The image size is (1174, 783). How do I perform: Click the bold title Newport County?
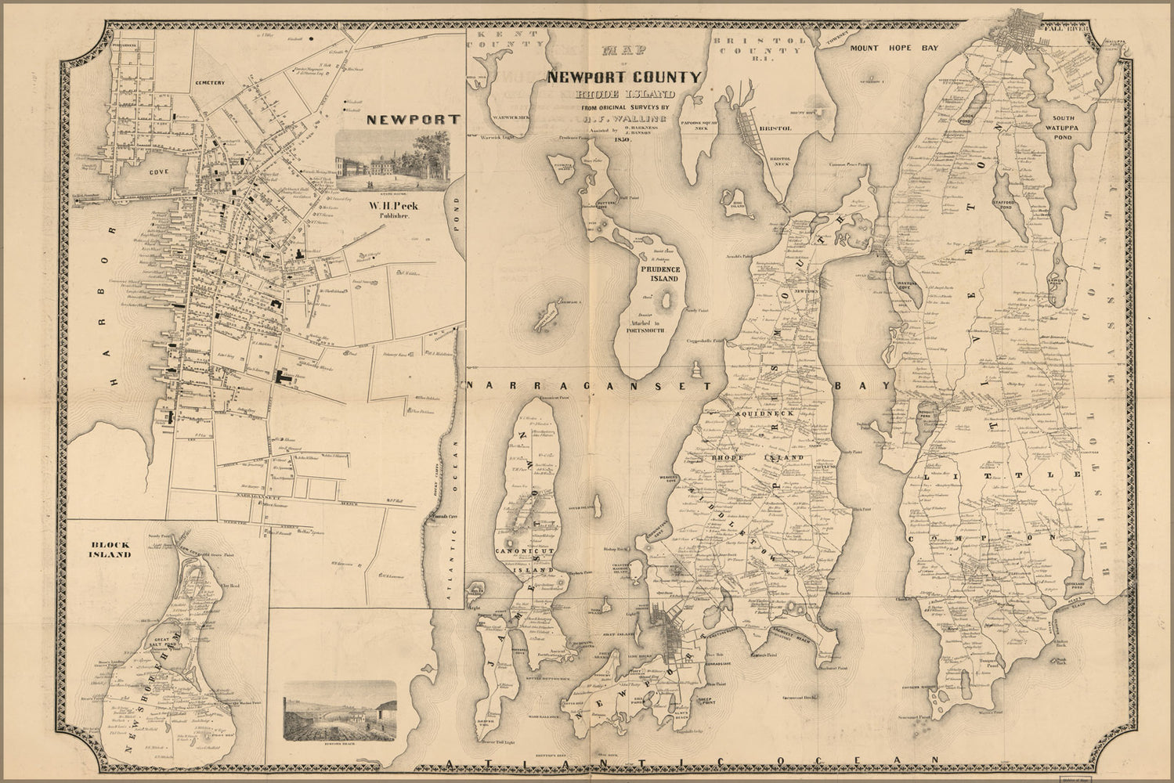click(623, 78)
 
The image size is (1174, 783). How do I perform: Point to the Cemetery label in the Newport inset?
click(211, 82)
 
